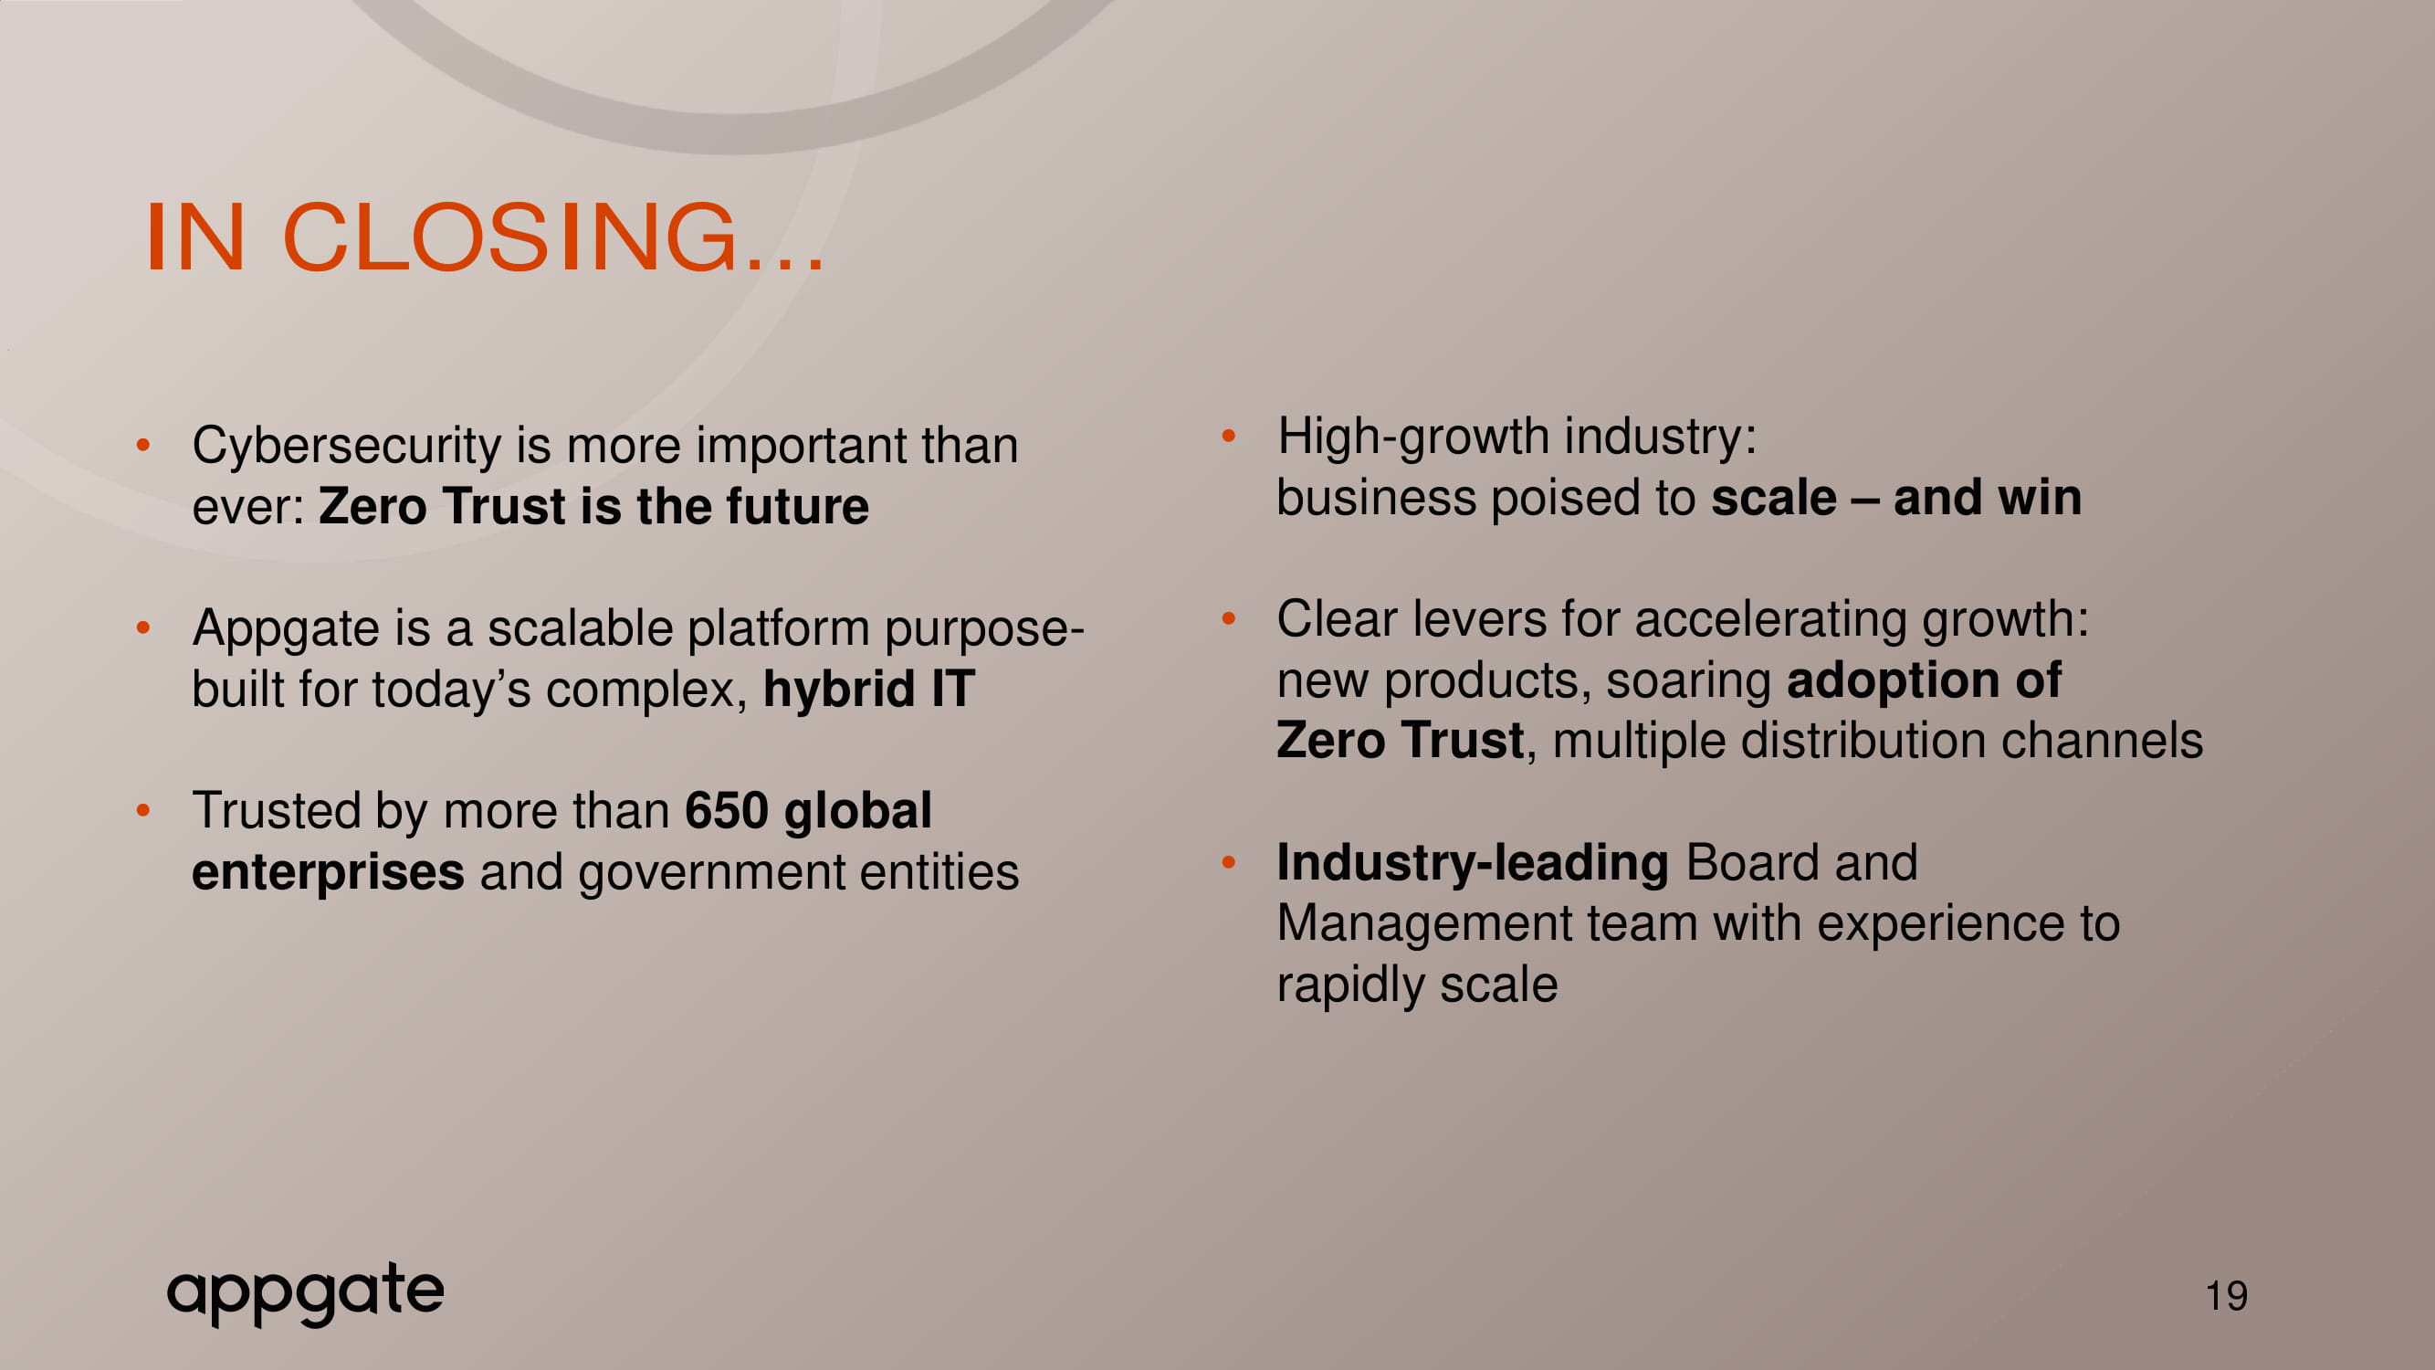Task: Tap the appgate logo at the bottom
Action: (305, 1292)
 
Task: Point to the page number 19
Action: (2226, 1295)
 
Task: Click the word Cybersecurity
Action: (347, 447)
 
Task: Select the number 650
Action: (726, 811)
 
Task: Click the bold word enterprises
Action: (328, 872)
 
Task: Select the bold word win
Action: (2040, 499)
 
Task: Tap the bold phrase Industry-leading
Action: (1473, 863)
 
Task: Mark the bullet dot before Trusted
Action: (143, 810)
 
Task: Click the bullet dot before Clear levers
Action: (1229, 619)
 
